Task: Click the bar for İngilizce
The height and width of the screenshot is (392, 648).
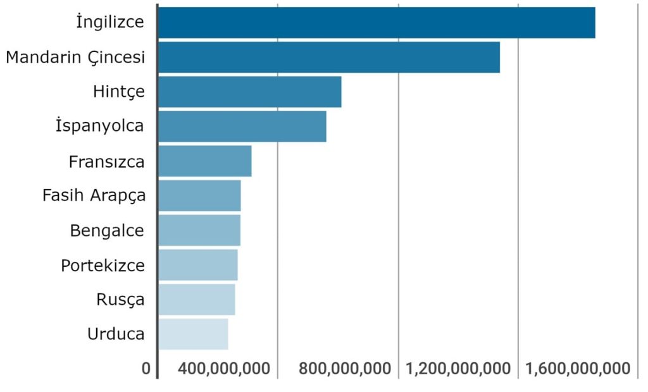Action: [377, 23]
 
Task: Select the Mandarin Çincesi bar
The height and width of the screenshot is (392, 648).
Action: [329, 57]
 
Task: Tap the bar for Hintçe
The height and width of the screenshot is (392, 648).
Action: [250, 92]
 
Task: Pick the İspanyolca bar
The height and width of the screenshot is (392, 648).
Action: [242, 126]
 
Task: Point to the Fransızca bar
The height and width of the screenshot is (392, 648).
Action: [205, 161]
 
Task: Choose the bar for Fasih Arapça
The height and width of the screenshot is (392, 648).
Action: [200, 195]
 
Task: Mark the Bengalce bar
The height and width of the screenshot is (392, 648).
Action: [199, 230]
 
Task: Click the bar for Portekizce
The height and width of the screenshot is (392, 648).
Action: [198, 265]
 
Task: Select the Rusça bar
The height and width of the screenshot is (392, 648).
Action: [197, 299]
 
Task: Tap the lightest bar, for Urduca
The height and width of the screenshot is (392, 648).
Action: [193, 334]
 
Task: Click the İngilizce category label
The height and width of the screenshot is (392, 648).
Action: [110, 22]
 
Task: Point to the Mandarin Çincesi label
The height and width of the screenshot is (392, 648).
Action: [75, 57]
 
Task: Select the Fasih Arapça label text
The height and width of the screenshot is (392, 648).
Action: [94, 195]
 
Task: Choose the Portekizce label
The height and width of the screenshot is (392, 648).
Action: [103, 265]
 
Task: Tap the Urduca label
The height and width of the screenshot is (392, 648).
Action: [116, 334]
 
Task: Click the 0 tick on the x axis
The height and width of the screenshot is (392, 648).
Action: [147, 369]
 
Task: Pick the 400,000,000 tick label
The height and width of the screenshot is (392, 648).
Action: [225, 369]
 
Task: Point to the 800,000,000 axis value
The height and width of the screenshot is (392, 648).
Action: [344, 369]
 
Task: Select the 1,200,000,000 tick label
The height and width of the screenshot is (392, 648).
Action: [458, 369]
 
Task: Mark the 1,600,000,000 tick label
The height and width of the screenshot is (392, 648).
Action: [578, 369]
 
